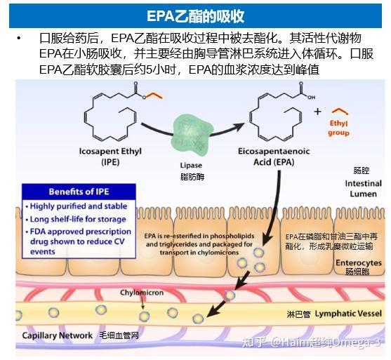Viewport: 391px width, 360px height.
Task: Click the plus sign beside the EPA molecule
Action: pos(317,112)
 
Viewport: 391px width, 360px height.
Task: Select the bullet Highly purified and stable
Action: pos(79,206)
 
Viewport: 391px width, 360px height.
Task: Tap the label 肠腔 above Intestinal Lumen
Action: pos(361,171)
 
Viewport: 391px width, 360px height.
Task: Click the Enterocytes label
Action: pos(357,262)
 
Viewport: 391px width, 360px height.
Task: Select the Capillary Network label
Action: pos(57,336)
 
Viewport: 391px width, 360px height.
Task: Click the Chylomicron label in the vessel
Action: pos(142,293)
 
